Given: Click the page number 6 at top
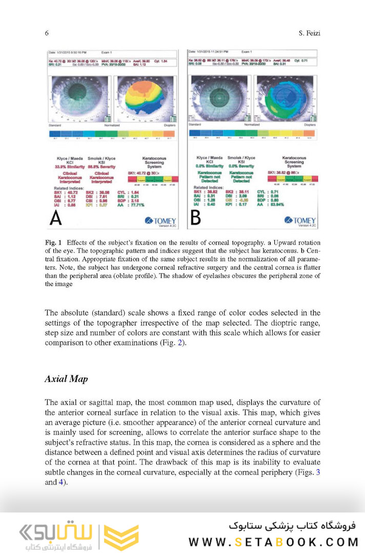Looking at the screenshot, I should pyautogui.click(x=47, y=33).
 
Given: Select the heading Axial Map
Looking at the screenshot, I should pyautogui.click(x=66, y=379).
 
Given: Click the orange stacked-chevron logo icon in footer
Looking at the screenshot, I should pyautogui.click(x=121, y=537).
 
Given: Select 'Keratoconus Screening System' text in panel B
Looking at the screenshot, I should pyautogui.click(x=294, y=162).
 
